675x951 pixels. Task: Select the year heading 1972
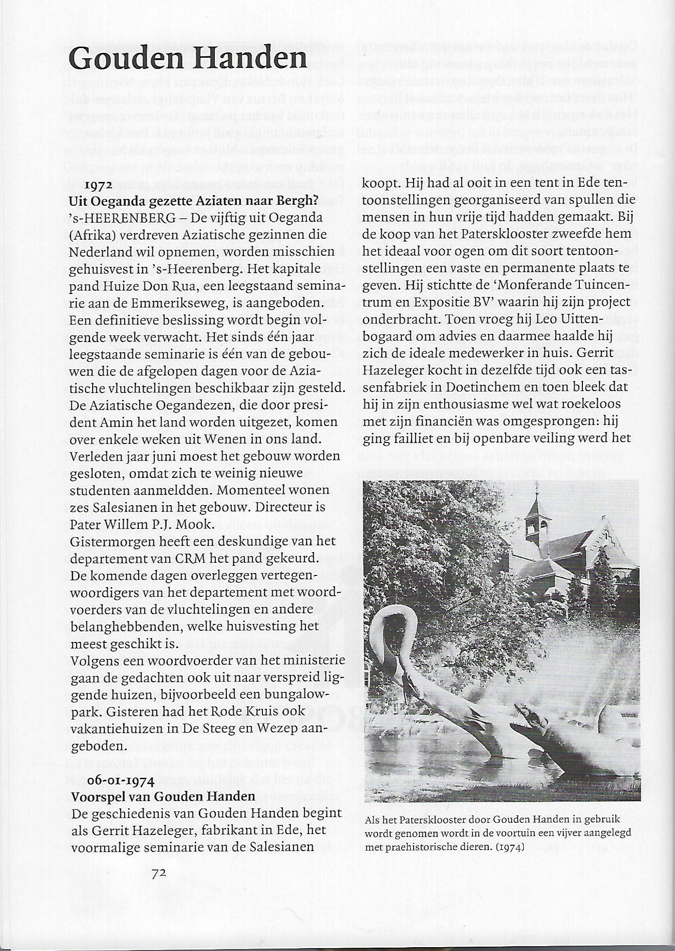[99, 185]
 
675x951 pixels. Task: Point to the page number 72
[159, 873]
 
